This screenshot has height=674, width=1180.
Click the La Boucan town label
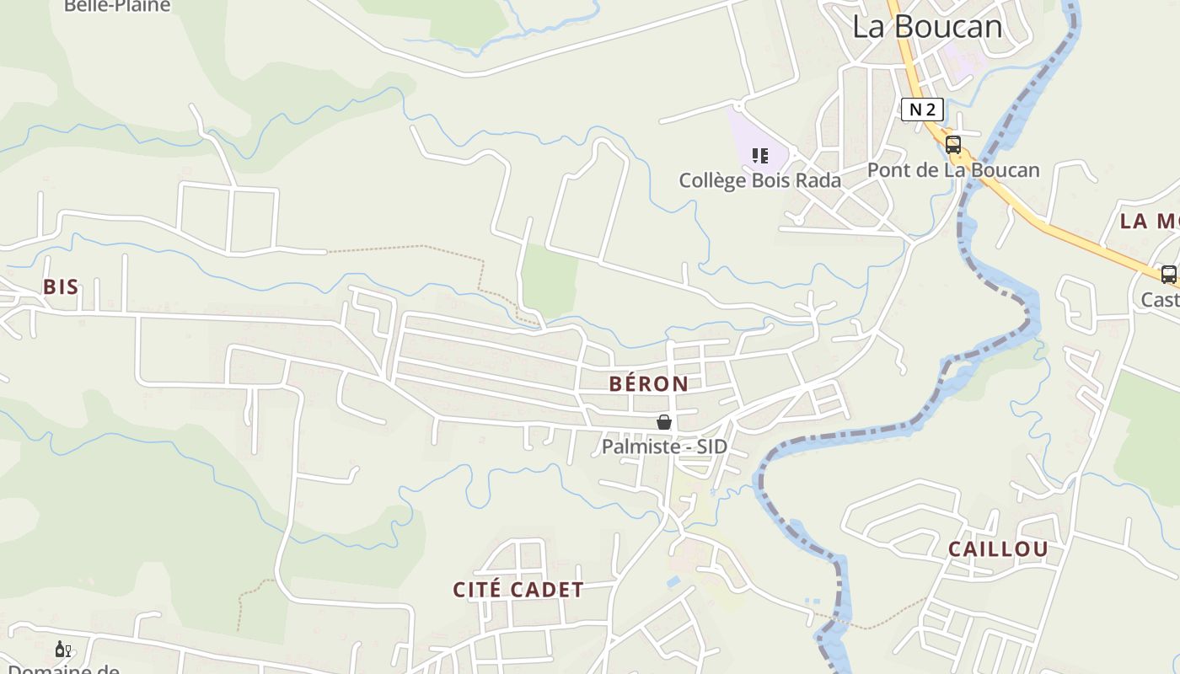pyautogui.click(x=927, y=27)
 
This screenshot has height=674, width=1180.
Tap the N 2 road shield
pyautogui.click(x=921, y=110)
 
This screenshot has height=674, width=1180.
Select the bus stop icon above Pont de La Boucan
pyautogui.click(x=953, y=144)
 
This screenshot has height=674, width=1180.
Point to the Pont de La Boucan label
pyautogui.click(x=953, y=170)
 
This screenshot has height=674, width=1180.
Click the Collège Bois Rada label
pyautogui.click(x=759, y=180)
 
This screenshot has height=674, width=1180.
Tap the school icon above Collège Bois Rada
pyautogui.click(x=760, y=156)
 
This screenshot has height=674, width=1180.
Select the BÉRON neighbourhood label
pyautogui.click(x=648, y=384)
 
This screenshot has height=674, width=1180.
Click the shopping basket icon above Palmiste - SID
pyautogui.click(x=664, y=422)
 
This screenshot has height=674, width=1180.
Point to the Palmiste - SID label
pyautogui.click(x=664, y=447)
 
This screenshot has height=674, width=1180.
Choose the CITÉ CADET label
pyautogui.click(x=518, y=590)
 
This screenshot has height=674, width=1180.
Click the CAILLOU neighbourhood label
pyautogui.click(x=998, y=549)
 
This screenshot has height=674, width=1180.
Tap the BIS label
pyautogui.click(x=61, y=287)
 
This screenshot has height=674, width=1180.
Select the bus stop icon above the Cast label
pyautogui.click(x=1168, y=274)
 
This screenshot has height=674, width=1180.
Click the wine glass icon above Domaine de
pyautogui.click(x=62, y=649)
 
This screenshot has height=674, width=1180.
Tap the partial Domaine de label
pyautogui.click(x=63, y=669)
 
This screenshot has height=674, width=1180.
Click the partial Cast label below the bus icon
pyautogui.click(x=1161, y=300)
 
